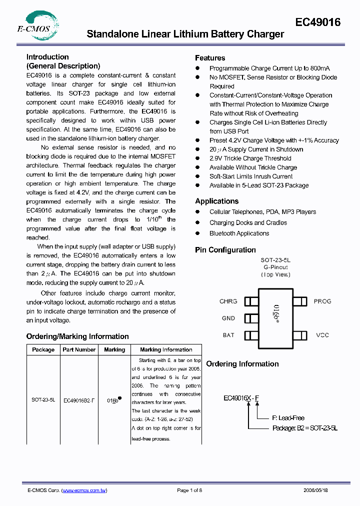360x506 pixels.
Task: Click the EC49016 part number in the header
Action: pos(317,22)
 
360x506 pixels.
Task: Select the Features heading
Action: pos(210,58)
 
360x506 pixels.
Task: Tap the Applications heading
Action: pos(216,201)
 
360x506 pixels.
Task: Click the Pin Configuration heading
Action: pos(225,250)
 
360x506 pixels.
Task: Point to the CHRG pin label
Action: pos(228,301)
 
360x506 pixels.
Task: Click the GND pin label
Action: pos(228,318)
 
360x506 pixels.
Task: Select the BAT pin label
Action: pos(228,335)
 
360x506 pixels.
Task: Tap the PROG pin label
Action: pos(322,301)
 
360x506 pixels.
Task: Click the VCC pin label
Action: pos(322,335)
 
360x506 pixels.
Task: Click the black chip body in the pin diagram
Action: pos(275,318)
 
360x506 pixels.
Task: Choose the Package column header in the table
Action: pos(43,350)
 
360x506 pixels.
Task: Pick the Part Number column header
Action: pos(79,350)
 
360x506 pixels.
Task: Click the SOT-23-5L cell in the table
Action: pos(43,400)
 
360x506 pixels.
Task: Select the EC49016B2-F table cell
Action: pos(79,400)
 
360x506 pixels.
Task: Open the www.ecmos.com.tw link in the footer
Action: pos(84,491)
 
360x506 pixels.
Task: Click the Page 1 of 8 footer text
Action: pos(189,491)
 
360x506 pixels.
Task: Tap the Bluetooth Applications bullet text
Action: pos(239,233)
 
